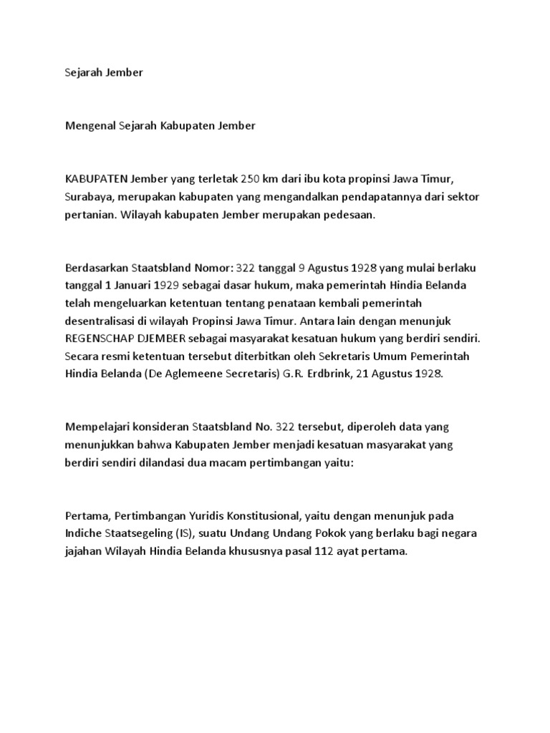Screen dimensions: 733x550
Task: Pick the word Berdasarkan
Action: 96,268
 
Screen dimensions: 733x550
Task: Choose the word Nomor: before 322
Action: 212,268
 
